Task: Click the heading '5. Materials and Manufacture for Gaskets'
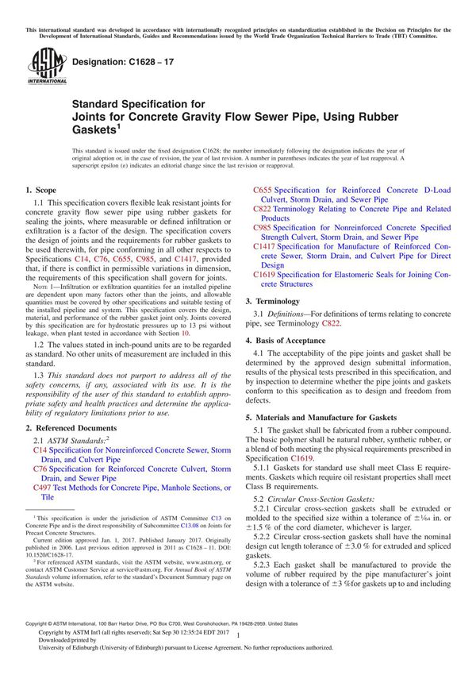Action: click(325, 416)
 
